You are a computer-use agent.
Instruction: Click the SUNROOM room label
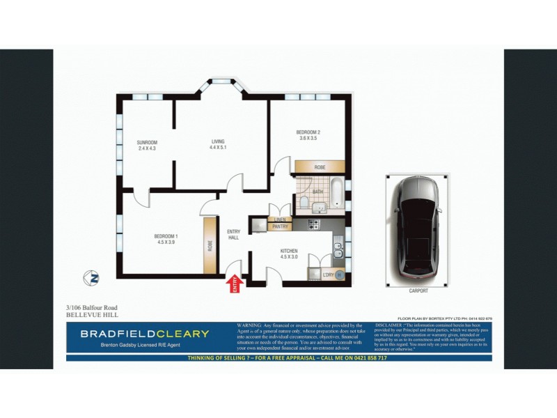coord(148,142)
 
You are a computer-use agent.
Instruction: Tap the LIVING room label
coord(219,142)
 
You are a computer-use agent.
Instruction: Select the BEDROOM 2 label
coord(308,132)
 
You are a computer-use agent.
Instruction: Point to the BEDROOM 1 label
coord(166,237)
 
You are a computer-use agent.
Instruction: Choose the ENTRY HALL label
coord(234,235)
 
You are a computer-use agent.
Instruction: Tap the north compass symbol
coord(91,277)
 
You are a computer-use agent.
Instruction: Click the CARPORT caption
coord(418,291)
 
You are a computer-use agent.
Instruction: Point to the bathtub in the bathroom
coord(337,196)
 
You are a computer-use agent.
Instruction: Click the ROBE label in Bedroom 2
coord(320,167)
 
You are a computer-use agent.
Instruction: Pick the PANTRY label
coord(280,226)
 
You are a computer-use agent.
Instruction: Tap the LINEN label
coord(280,219)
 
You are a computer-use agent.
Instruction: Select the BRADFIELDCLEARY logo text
coord(144,334)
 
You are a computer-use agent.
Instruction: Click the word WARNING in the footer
coord(250,325)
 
